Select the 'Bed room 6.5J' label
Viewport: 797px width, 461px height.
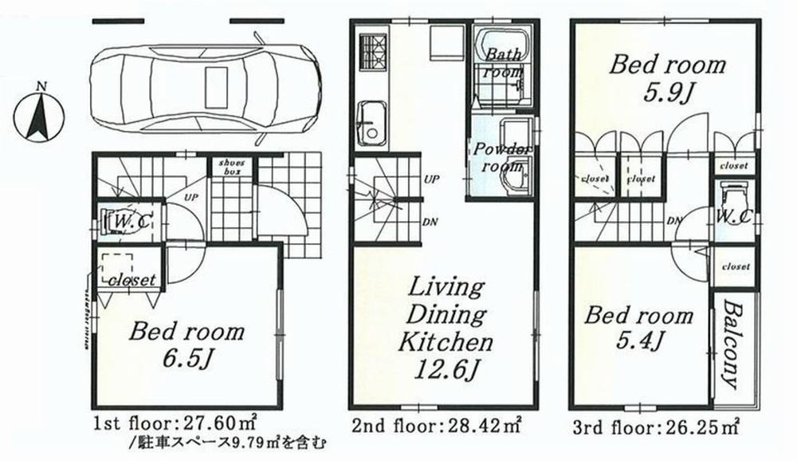(187, 343)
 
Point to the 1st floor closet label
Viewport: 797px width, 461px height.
(131, 279)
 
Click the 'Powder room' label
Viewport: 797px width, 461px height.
(502, 158)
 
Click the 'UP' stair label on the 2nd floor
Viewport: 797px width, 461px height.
(430, 178)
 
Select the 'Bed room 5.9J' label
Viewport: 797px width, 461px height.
(667, 78)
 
